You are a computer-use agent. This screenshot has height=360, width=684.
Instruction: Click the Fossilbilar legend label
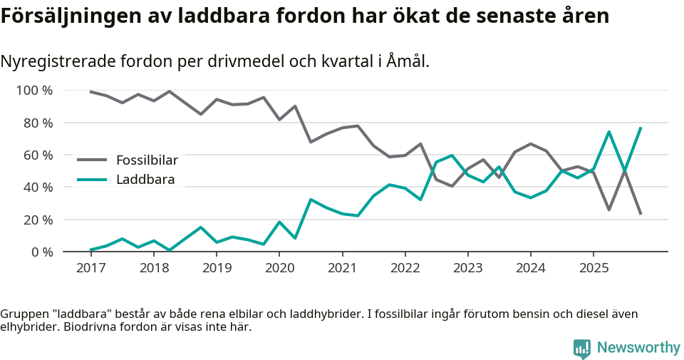[x=147, y=160]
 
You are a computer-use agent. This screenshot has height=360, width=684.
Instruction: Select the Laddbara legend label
[x=145, y=180]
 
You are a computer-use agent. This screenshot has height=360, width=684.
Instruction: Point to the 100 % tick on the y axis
[x=35, y=91]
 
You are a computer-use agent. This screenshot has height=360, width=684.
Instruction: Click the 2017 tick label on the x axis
[x=90, y=268]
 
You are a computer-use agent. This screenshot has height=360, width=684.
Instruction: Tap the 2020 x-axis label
[x=279, y=268]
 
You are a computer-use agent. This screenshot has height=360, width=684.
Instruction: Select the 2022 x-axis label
[x=405, y=268]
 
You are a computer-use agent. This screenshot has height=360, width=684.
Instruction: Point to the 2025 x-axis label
[x=594, y=268]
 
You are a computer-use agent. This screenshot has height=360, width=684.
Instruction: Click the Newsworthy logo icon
[x=582, y=349]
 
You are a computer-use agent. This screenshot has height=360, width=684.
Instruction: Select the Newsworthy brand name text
[x=638, y=348]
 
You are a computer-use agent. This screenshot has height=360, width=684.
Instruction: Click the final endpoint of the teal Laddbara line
[x=641, y=128]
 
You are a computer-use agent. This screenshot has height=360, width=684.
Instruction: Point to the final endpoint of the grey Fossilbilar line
[x=641, y=213]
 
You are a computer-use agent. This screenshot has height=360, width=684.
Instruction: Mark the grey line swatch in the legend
[x=92, y=160]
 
